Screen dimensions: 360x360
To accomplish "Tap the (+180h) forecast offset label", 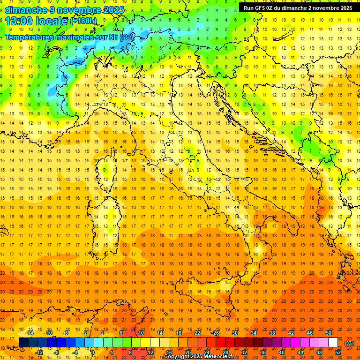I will click(83, 21).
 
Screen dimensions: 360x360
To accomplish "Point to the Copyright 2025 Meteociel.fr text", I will click(199, 357).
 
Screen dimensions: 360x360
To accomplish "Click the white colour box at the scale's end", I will click(333, 342).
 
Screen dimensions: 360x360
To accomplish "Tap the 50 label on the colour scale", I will click(329, 333).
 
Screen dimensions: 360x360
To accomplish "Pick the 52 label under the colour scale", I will click(338, 352).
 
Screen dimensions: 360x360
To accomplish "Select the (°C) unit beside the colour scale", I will click(350, 343).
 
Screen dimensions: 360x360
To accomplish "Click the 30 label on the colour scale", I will click(235, 333).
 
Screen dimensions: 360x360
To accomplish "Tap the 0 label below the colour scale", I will click(93, 352).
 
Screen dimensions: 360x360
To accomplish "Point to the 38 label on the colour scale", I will click(272, 333).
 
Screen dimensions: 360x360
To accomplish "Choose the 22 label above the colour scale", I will click(197, 333).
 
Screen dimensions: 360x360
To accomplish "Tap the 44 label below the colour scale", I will click(300, 352).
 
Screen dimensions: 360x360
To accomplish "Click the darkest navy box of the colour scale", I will click(23, 342).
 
